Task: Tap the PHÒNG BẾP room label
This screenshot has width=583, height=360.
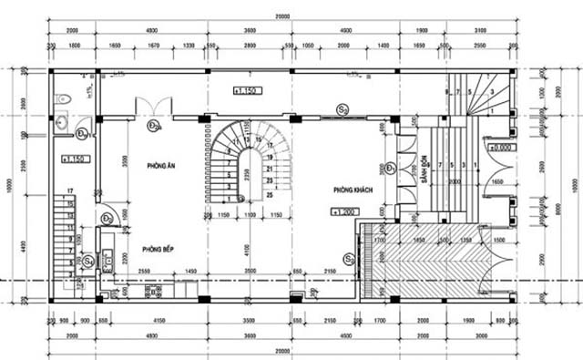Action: click(158, 248)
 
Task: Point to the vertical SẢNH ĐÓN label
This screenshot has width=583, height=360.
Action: click(424, 171)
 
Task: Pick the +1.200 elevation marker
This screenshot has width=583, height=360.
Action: click(343, 211)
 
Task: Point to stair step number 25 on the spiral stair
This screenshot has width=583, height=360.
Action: click(271, 193)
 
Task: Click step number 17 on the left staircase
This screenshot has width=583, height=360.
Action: click(69, 190)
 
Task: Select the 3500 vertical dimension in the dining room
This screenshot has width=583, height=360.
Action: click(124, 169)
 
